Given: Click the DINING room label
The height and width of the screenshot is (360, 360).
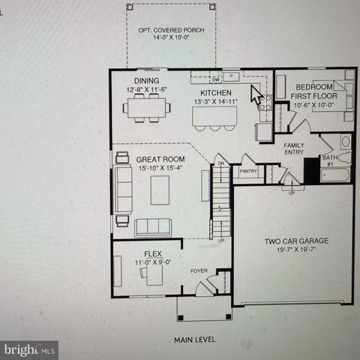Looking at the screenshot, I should click(x=146, y=81).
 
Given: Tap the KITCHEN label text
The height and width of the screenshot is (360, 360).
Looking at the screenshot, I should click(x=215, y=92).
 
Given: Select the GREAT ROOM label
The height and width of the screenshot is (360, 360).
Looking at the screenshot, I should click(x=160, y=159).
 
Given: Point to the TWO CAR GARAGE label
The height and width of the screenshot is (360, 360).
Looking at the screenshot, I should click(x=297, y=241).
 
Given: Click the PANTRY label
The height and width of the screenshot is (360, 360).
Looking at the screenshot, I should click(x=248, y=172).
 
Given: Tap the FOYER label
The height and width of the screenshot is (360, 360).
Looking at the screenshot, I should click(x=198, y=271).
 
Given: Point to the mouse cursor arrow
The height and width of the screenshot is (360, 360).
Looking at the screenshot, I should click(x=256, y=94).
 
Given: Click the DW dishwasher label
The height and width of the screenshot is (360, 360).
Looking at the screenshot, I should click(x=215, y=78).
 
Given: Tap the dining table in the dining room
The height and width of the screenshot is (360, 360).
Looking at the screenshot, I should click(x=148, y=107).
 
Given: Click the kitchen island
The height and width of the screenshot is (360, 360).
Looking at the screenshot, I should click(x=214, y=116).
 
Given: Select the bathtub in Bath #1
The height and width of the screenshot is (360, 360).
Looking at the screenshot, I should click(x=334, y=175).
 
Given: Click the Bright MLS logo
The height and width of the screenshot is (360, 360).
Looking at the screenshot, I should click(x=29, y=349).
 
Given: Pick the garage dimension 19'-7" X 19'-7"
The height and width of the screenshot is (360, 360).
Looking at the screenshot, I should click(x=297, y=251).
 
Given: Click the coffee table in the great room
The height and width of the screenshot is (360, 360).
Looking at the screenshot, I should click(x=160, y=190).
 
